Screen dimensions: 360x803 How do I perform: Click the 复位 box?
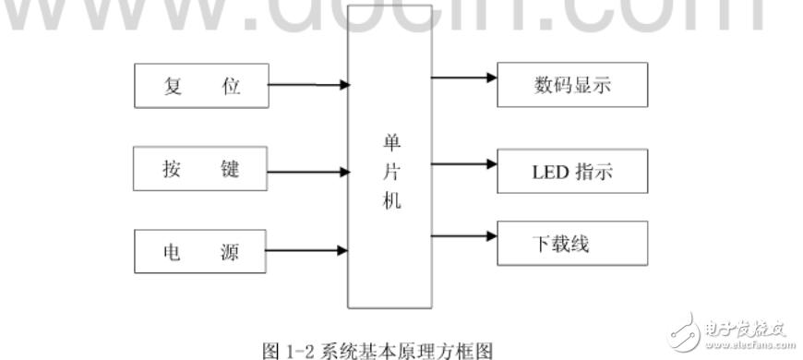pos(200,86)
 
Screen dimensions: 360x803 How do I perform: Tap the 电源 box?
pos(200,250)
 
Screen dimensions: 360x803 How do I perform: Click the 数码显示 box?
pos(572,86)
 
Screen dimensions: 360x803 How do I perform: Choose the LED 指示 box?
pos(572,171)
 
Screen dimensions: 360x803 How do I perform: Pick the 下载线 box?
pos(572,245)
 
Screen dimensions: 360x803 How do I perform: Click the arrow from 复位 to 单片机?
pos(308,86)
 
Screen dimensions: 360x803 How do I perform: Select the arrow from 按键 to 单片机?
pos(308,169)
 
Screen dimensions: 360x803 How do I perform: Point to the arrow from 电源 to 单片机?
pos(308,250)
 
